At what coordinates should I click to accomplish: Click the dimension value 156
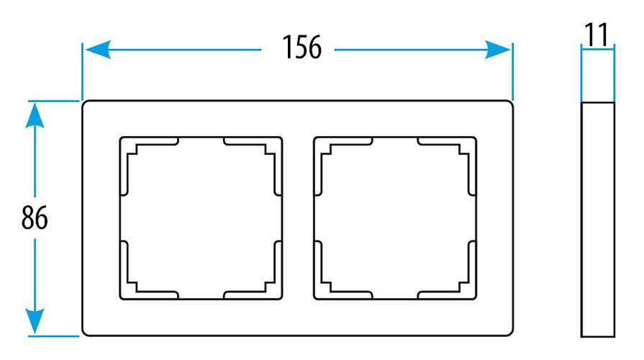298,49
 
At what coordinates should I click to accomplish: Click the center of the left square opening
200,217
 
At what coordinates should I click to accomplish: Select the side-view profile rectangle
597,218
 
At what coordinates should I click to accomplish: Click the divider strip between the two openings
298,217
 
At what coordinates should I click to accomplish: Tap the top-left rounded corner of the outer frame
86,105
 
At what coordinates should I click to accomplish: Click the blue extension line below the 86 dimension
54,336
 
